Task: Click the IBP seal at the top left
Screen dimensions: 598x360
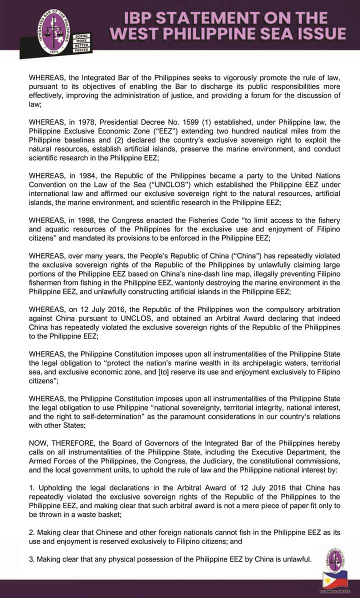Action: (54, 29)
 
